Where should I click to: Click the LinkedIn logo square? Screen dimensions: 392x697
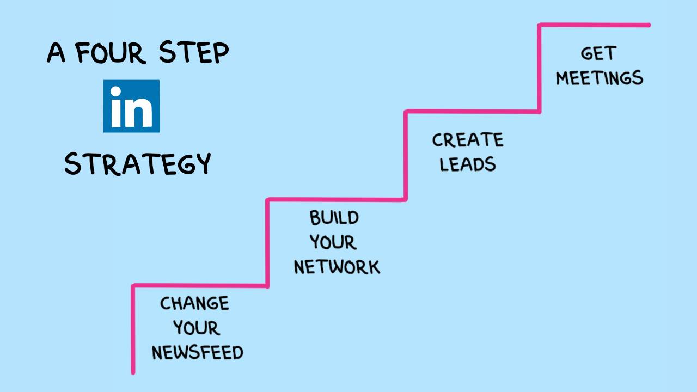pyautogui.click(x=132, y=106)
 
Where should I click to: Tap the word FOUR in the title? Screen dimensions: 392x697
pyautogui.click(x=111, y=53)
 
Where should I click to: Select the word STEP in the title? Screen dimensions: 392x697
pyautogui.click(x=194, y=53)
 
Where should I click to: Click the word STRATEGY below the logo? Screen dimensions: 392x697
pyautogui.click(x=137, y=163)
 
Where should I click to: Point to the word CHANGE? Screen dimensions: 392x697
pyautogui.click(x=194, y=303)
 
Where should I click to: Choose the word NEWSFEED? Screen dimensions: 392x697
pyautogui.click(x=197, y=353)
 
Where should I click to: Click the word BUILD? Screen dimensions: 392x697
pyautogui.click(x=334, y=218)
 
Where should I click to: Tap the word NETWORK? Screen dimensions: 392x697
pyautogui.click(x=337, y=267)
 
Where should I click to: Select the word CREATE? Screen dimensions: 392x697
pyautogui.click(x=468, y=140)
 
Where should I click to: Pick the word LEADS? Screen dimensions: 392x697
pyautogui.click(x=468, y=164)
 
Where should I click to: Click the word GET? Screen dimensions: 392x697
pyautogui.click(x=598, y=53)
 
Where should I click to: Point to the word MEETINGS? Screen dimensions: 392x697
pyautogui.click(x=599, y=78)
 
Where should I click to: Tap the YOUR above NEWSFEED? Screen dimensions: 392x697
pyautogui.click(x=197, y=328)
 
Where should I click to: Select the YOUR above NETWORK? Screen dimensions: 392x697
pyautogui.click(x=333, y=242)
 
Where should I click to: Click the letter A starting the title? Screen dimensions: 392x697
pyautogui.click(x=56, y=53)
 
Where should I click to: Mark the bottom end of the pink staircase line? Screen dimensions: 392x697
pyautogui.click(x=133, y=372)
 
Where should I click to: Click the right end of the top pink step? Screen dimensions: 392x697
pyautogui.click(x=648, y=24)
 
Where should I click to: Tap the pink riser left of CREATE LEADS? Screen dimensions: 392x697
pyautogui.click(x=406, y=155)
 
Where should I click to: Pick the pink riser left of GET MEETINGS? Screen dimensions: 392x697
pyautogui.click(x=540, y=68)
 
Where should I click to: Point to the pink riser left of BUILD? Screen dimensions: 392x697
pyautogui.click(x=267, y=242)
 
